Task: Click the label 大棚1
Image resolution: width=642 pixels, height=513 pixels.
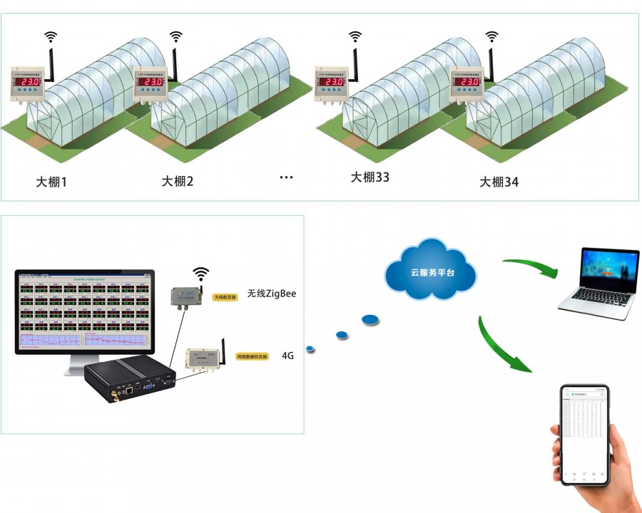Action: click(x=51, y=182)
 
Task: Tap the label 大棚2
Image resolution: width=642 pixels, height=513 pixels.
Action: click(x=178, y=181)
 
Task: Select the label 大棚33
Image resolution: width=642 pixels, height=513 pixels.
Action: click(x=370, y=177)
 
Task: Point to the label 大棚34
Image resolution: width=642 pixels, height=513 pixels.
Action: click(x=499, y=182)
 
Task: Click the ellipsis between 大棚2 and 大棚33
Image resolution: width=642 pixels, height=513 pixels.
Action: click(x=287, y=177)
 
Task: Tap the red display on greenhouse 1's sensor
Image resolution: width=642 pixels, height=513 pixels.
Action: click(x=29, y=82)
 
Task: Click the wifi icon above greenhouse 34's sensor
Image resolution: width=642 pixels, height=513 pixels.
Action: click(x=491, y=36)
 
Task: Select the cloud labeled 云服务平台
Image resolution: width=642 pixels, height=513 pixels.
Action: click(x=430, y=271)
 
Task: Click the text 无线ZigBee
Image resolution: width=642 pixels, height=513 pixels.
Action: click(x=271, y=293)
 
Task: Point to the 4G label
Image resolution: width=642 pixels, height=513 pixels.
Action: click(x=288, y=355)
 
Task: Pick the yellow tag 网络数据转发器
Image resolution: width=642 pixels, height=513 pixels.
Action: click(x=253, y=356)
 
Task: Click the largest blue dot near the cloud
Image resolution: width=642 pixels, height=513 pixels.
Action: click(x=370, y=320)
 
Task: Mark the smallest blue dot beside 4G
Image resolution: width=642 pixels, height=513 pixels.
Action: click(x=310, y=348)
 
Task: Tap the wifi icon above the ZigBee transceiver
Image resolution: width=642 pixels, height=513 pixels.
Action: click(x=201, y=273)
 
